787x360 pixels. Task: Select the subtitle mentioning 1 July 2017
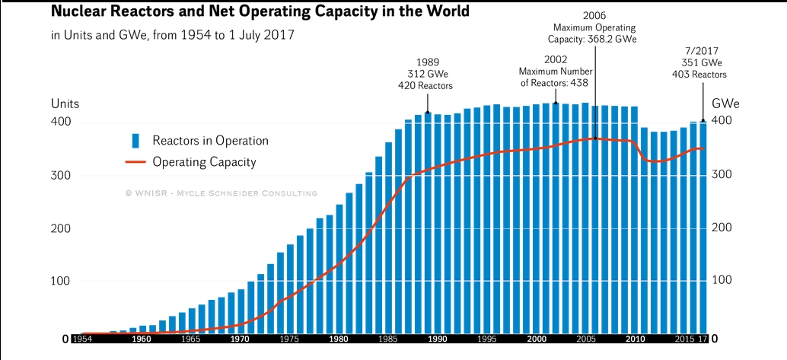click(x=174, y=36)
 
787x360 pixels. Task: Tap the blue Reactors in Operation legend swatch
click(x=135, y=141)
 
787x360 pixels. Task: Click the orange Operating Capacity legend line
click(x=135, y=162)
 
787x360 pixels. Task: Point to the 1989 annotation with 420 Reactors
click(x=427, y=74)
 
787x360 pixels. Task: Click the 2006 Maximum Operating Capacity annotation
click(x=594, y=27)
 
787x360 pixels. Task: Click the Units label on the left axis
click(x=65, y=104)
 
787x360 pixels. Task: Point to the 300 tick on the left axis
click(x=61, y=175)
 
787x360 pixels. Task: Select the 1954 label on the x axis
click(x=83, y=339)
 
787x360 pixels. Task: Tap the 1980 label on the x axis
click(x=339, y=339)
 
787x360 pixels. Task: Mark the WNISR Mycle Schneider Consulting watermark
click(x=221, y=193)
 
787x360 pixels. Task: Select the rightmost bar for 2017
click(x=703, y=228)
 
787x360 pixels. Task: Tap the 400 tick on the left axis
click(x=61, y=122)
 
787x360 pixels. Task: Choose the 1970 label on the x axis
click(x=241, y=339)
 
